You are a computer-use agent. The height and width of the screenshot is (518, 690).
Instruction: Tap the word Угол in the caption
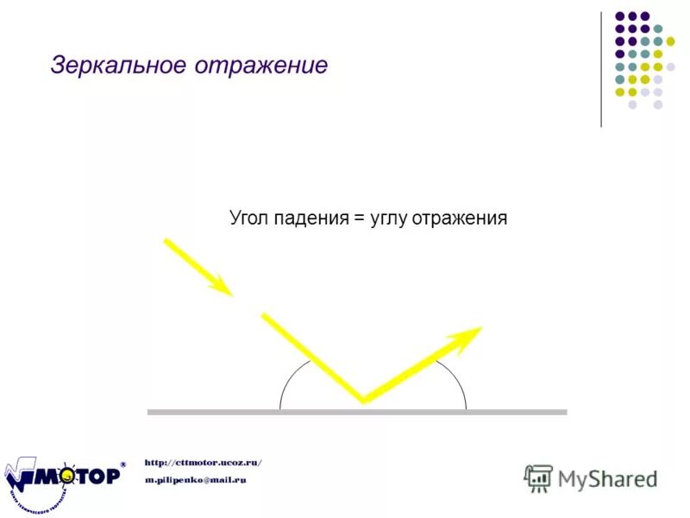click(249, 218)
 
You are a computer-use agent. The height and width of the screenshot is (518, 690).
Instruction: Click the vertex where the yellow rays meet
click(363, 401)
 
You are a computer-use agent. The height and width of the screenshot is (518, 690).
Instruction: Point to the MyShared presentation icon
click(538, 477)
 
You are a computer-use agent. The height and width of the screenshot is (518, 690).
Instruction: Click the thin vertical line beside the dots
click(601, 69)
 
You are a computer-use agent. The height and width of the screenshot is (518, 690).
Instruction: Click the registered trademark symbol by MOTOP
click(122, 464)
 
